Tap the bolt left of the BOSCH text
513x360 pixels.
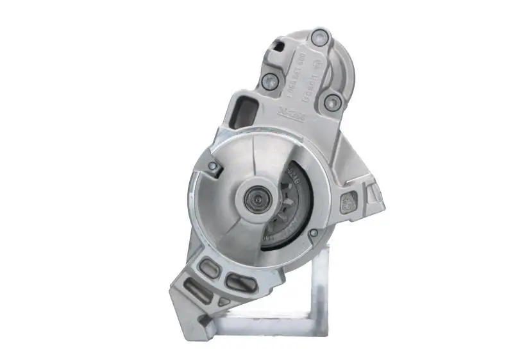point(270,81)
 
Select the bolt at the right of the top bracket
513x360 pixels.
point(332,101)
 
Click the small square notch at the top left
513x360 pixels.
point(278,46)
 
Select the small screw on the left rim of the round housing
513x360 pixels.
point(213,167)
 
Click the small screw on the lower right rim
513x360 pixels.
point(313,234)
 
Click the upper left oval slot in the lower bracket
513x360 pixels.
point(208,268)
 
